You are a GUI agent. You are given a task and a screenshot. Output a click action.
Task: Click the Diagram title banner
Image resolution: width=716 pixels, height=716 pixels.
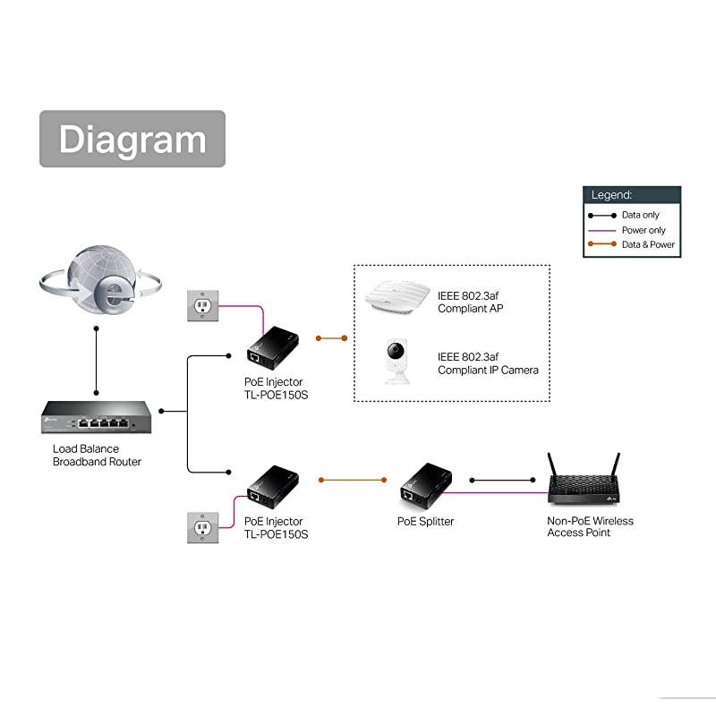132,139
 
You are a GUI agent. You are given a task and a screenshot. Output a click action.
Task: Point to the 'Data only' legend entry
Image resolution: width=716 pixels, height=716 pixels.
632,216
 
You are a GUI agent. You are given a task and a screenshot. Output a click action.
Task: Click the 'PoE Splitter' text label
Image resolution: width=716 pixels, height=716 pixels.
425,521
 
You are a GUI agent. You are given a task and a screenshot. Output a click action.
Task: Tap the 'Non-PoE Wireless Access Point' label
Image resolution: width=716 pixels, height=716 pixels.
590,526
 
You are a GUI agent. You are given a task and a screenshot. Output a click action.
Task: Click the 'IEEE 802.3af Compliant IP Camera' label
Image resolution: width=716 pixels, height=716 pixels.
488,362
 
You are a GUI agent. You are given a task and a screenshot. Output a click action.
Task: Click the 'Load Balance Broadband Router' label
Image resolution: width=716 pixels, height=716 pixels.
97,455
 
